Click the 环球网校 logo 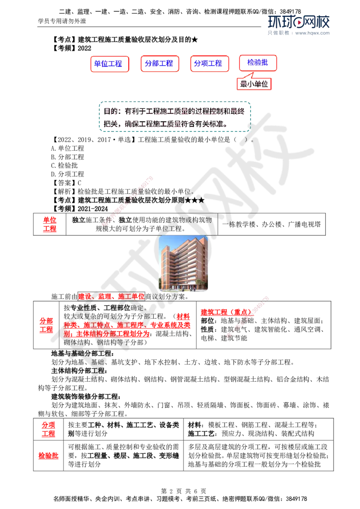[299, 22]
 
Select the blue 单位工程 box [109, 64]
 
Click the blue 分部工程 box [160, 63]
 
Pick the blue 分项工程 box [209, 63]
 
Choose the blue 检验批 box [257, 63]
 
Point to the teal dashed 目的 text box [174, 117]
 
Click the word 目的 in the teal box [109, 111]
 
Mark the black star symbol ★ [201, 200]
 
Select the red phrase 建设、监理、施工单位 [111, 296]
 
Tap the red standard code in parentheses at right [226, 312]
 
